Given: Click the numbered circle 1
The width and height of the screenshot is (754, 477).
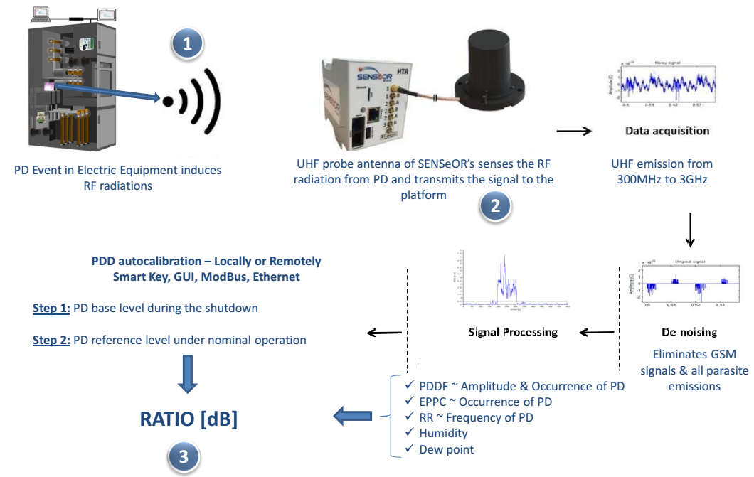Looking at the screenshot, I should [188, 44].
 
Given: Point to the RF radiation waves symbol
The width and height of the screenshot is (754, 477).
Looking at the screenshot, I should [193, 100].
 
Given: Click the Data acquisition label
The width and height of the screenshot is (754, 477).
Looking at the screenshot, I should [667, 131].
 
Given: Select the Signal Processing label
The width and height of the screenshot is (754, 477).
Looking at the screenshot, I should [513, 332].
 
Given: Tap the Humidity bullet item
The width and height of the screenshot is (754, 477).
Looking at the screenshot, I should [443, 433].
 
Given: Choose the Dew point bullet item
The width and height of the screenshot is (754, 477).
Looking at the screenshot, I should [446, 449].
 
